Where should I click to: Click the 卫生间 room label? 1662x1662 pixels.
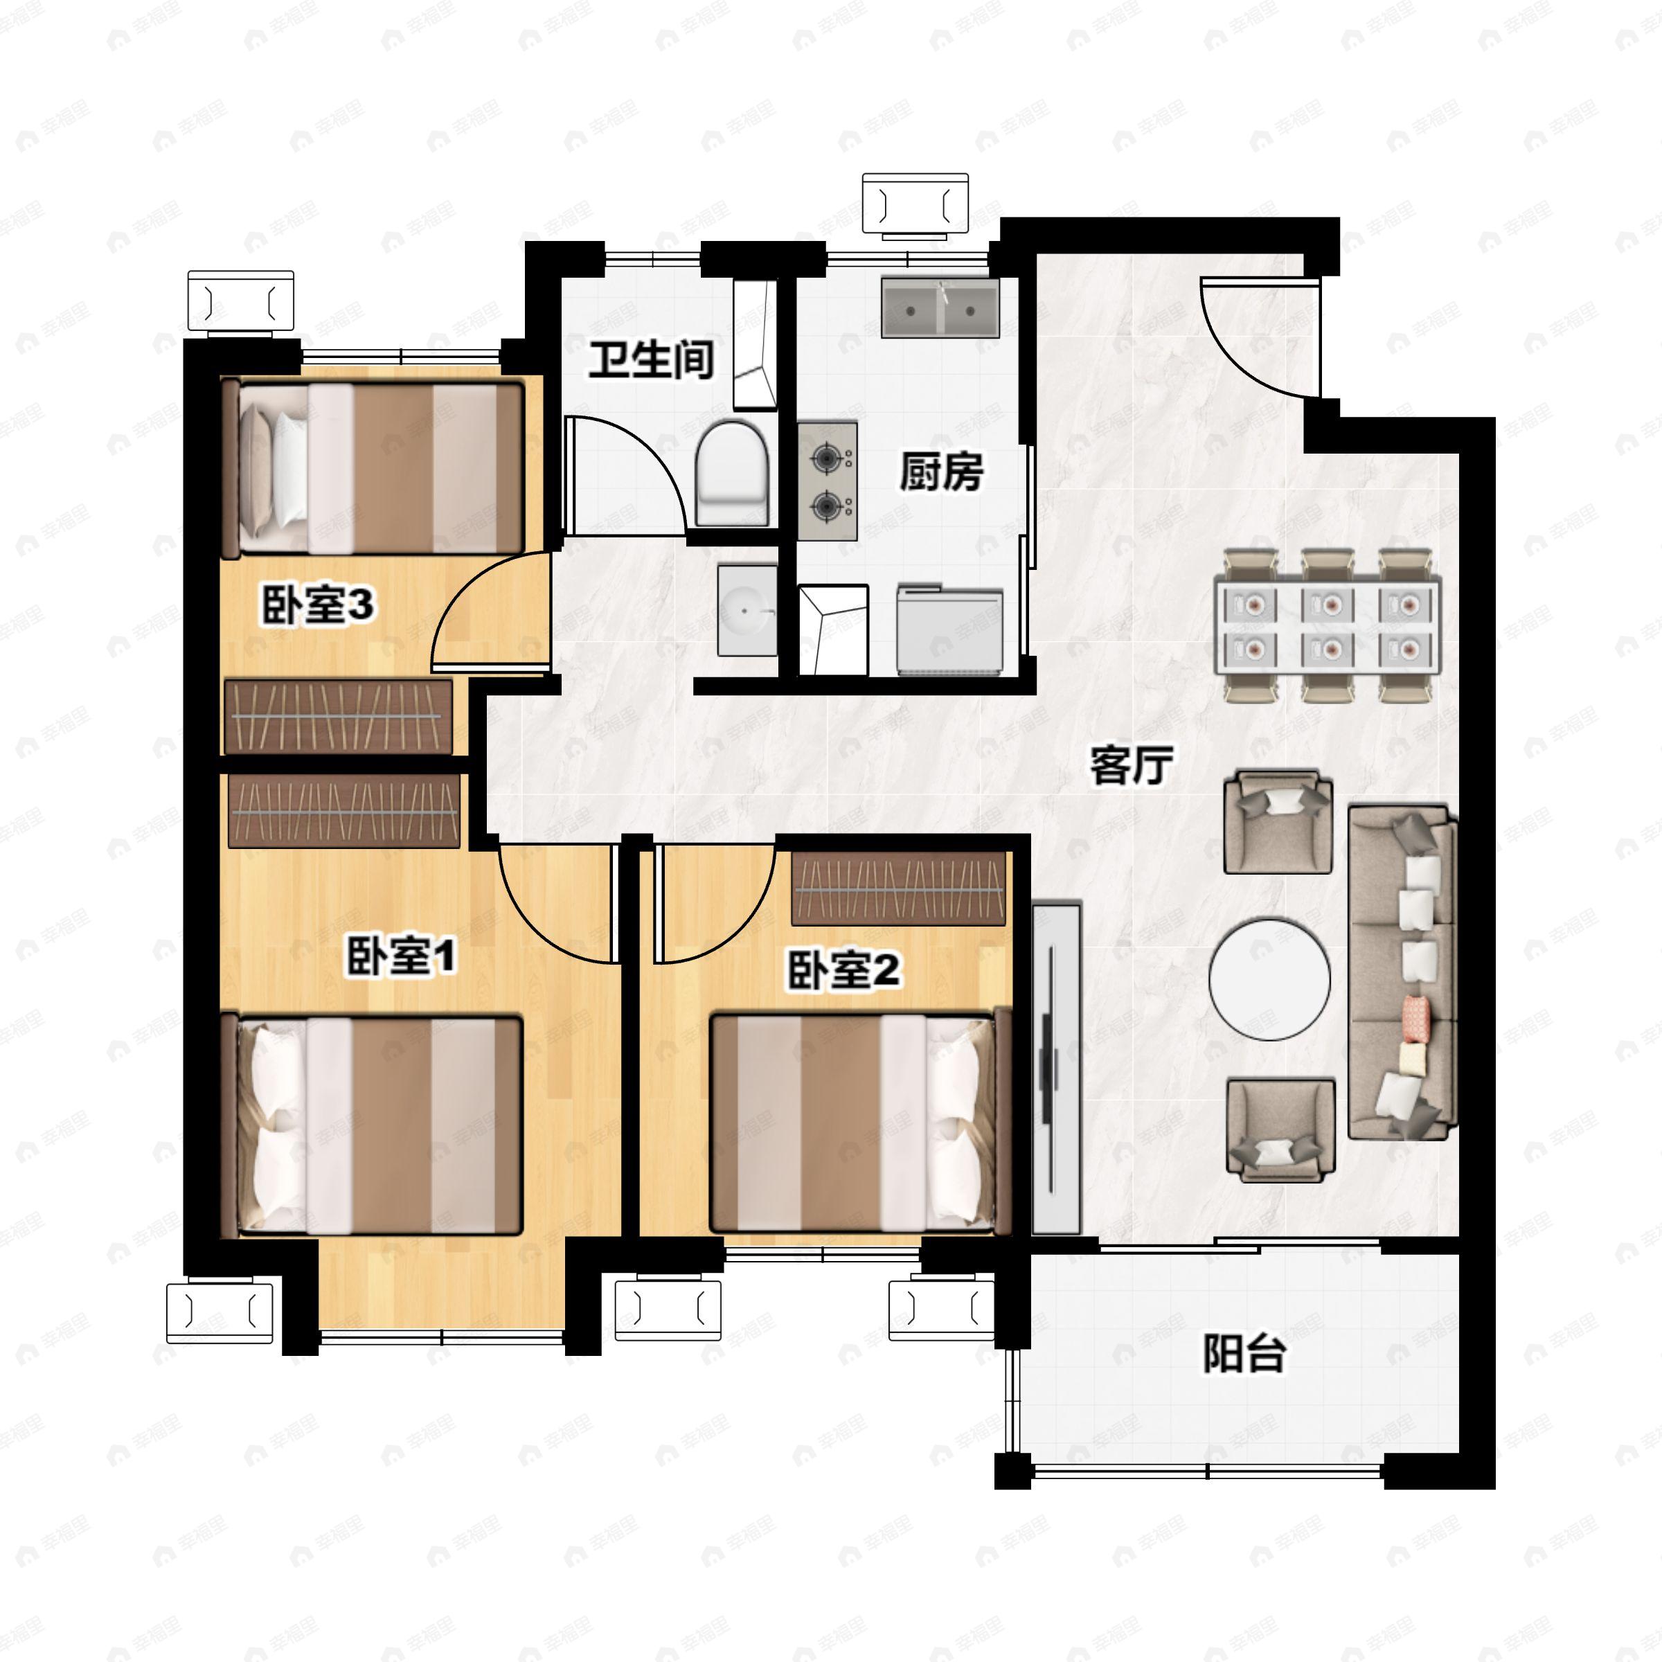point(651,359)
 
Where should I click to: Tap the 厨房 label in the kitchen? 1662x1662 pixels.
point(941,472)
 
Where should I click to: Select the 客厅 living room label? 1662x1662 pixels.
point(1132,765)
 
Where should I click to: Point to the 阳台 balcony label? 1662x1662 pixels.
point(1243,1353)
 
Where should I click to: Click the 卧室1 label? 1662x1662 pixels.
point(402,956)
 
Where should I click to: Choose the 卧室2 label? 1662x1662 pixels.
point(844,970)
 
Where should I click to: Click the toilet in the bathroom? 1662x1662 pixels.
point(731,472)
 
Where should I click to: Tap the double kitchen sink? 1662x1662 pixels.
point(940,307)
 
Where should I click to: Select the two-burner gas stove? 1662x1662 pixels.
point(828,481)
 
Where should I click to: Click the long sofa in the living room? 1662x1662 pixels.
point(1402,972)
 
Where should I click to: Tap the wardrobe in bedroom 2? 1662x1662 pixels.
point(899,888)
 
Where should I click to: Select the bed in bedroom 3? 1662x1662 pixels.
point(373,469)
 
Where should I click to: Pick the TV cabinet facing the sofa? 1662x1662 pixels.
point(1055,1068)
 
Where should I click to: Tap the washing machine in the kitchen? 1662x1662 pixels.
point(949,629)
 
